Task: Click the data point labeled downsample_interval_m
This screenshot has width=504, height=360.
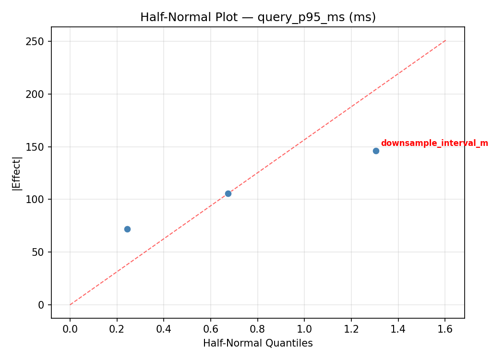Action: pyautogui.click(x=376, y=151)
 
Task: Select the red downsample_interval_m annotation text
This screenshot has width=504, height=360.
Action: pyautogui.click(x=434, y=143)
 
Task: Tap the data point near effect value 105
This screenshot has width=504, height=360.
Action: pyautogui.click(x=228, y=193)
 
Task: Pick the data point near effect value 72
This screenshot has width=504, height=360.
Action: pyautogui.click(x=127, y=229)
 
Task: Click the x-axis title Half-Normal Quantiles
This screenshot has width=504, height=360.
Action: pyautogui.click(x=258, y=343)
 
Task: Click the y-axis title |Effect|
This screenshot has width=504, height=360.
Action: pyautogui.click(x=17, y=173)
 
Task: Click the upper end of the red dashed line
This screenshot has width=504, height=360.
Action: pyautogui.click(x=445, y=40)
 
